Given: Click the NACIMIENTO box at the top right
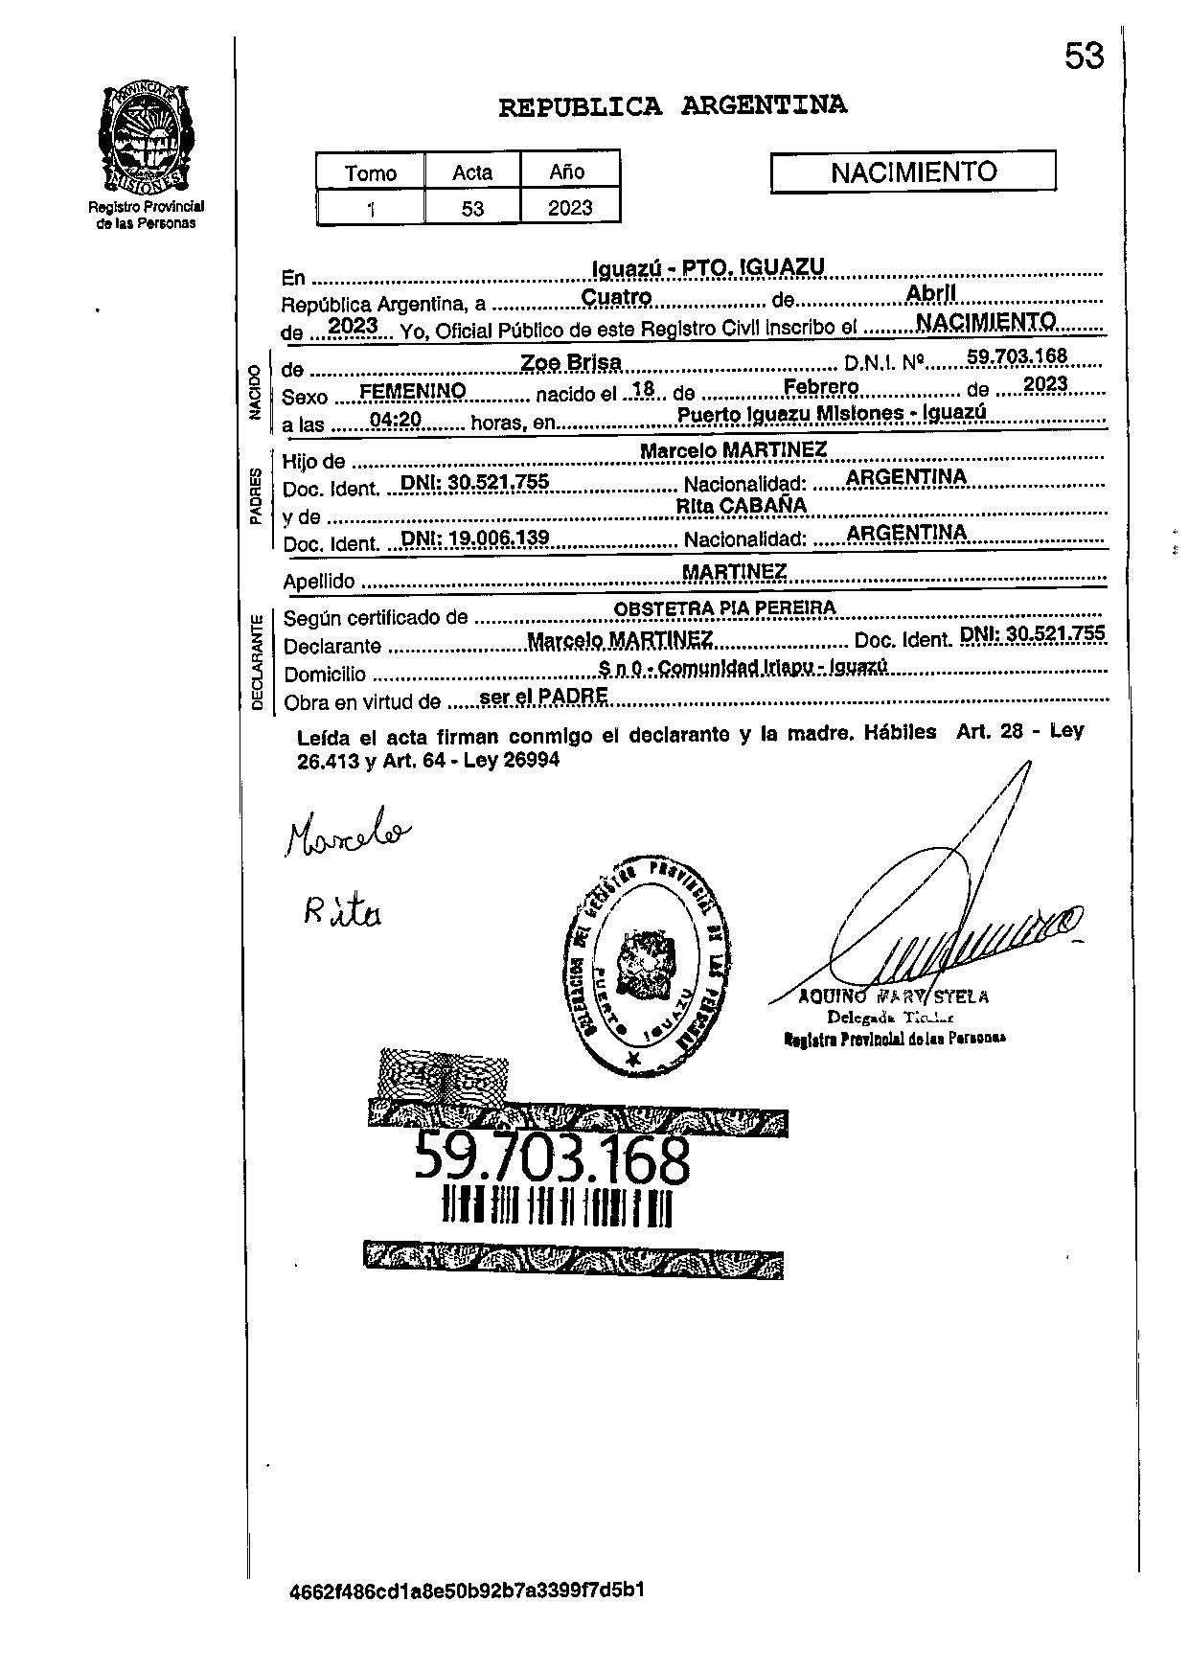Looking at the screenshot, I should tap(913, 172).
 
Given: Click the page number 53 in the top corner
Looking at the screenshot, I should tap(1084, 57).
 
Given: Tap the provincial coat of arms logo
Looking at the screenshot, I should tap(147, 139).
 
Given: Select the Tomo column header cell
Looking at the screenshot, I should tap(371, 172).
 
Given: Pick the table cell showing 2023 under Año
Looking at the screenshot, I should tap(570, 207).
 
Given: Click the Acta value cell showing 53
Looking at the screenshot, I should tap(472, 207).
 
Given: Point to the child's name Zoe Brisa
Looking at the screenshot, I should tap(571, 362).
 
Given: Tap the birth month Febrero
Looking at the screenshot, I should tap(821, 386).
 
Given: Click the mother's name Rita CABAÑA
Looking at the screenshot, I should tap(742, 505).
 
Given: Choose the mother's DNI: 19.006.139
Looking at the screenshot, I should tap(475, 538).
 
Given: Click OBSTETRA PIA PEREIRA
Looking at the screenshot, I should tap(724, 607).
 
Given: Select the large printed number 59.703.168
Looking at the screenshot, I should tap(552, 1159).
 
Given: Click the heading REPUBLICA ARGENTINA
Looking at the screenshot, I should tap(673, 105).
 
